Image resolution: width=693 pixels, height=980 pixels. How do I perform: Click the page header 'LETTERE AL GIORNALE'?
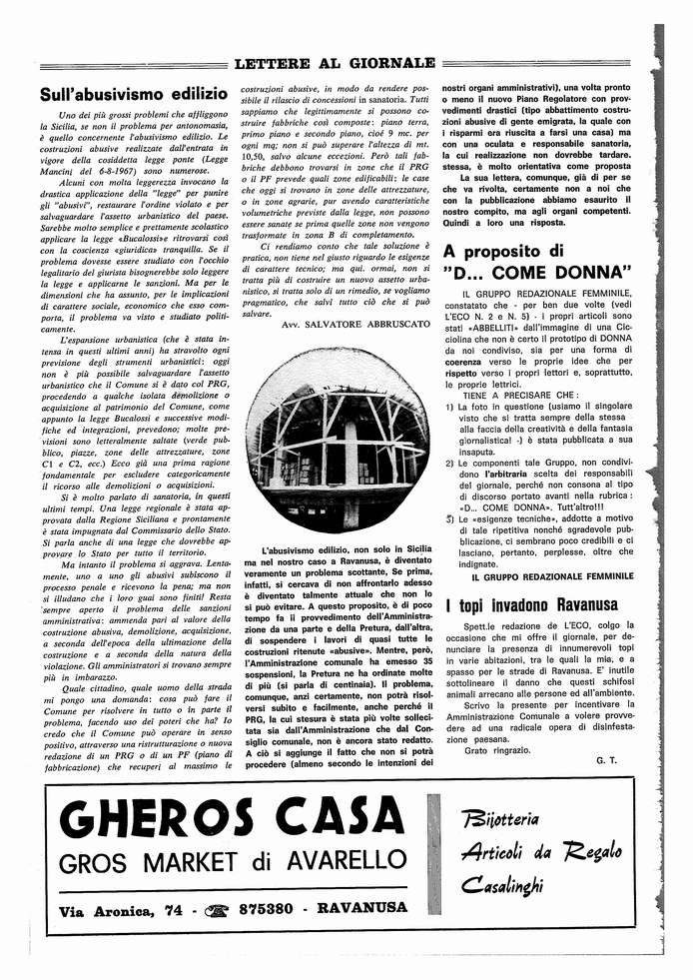pyautogui.click(x=334, y=65)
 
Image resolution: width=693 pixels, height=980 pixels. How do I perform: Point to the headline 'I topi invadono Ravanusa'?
pyautogui.click(x=532, y=605)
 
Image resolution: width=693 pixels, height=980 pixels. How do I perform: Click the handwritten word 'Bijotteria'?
pyautogui.click(x=503, y=821)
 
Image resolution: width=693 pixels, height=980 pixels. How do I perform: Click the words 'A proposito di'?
pyautogui.click(x=503, y=250)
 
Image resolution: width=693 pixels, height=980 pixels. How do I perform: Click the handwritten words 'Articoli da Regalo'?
pyautogui.click(x=540, y=852)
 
